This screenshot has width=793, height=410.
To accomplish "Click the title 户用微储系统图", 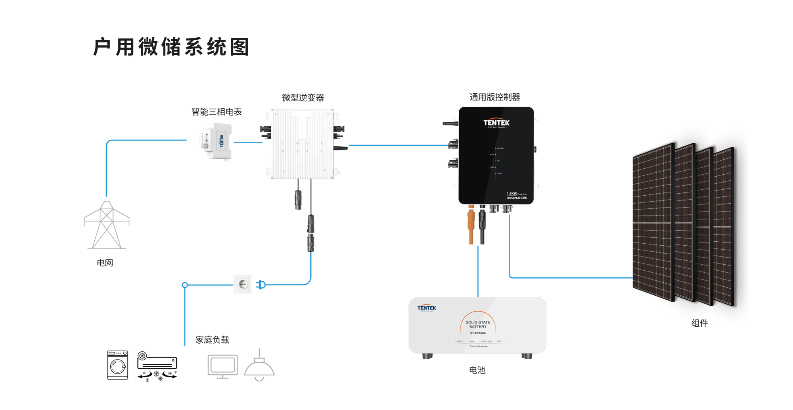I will (x=171, y=47).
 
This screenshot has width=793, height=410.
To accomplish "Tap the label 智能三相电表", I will (x=216, y=112).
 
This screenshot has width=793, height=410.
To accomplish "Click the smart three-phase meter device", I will (x=216, y=141).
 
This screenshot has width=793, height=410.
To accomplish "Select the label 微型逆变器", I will (x=303, y=98).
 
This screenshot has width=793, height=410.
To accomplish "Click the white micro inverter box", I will (x=302, y=144).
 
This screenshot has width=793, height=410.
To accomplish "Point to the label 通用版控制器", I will (x=495, y=97).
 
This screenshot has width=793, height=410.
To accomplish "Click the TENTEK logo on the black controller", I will (x=496, y=123).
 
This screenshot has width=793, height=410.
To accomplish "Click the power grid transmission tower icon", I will (x=106, y=225).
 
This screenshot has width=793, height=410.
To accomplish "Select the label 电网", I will (x=105, y=263).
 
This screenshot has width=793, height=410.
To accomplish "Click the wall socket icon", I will (x=243, y=284).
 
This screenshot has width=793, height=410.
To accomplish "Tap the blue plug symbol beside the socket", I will (x=261, y=285).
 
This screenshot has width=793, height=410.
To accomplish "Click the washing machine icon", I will (x=118, y=365).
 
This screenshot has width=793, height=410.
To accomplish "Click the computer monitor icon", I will (x=222, y=366).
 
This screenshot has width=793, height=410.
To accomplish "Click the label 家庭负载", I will (x=212, y=340).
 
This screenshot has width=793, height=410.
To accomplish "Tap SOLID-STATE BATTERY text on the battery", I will (x=478, y=325).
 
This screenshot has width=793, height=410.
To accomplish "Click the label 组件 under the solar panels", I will (x=699, y=323).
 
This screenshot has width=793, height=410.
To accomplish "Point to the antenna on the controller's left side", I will (x=450, y=124).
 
